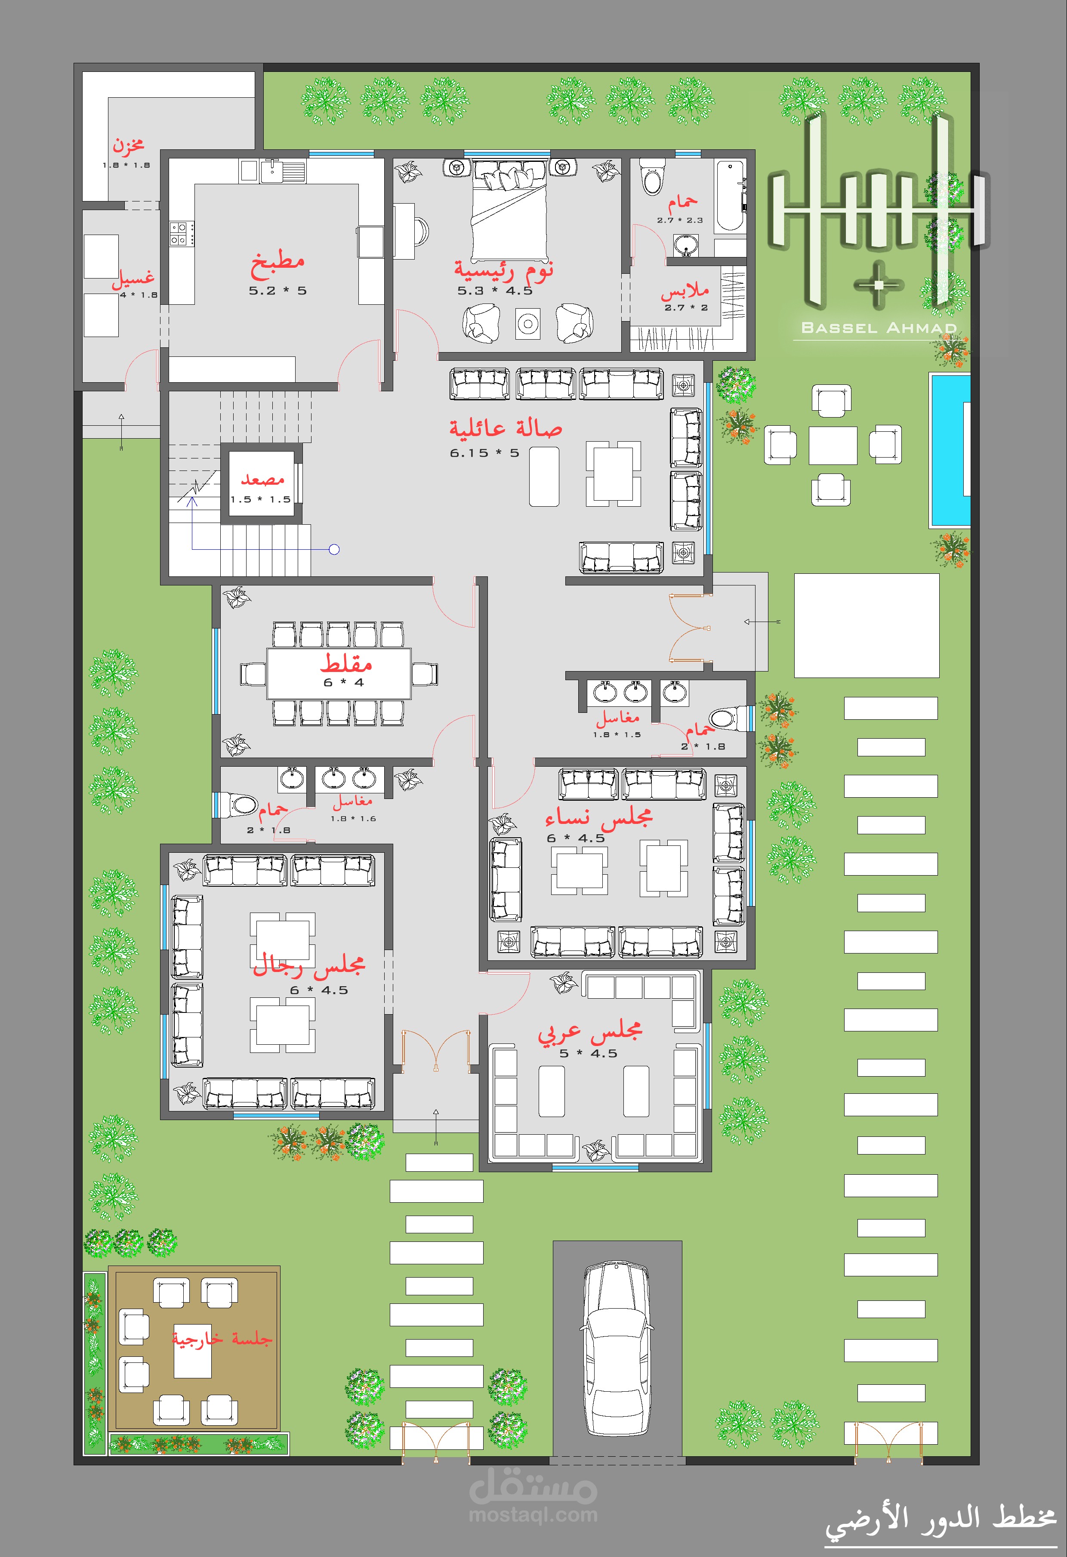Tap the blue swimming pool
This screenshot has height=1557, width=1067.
click(x=949, y=450)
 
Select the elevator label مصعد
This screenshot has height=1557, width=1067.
click(x=262, y=479)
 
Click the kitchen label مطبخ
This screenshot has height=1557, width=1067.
click(x=278, y=265)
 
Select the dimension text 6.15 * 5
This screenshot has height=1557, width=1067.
click(x=484, y=453)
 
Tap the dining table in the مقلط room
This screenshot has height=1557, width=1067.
click(x=339, y=673)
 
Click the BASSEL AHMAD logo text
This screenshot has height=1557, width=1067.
click(x=879, y=328)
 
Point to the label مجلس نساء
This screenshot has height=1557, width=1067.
click(x=598, y=817)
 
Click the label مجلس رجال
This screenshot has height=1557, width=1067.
click(x=309, y=966)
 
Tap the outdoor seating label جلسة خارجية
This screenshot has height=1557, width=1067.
click(x=222, y=1339)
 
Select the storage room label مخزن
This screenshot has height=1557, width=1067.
click(x=128, y=144)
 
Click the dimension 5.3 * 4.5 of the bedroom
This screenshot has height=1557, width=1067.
click(x=495, y=291)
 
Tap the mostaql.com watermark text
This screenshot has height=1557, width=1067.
click(x=533, y=1515)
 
